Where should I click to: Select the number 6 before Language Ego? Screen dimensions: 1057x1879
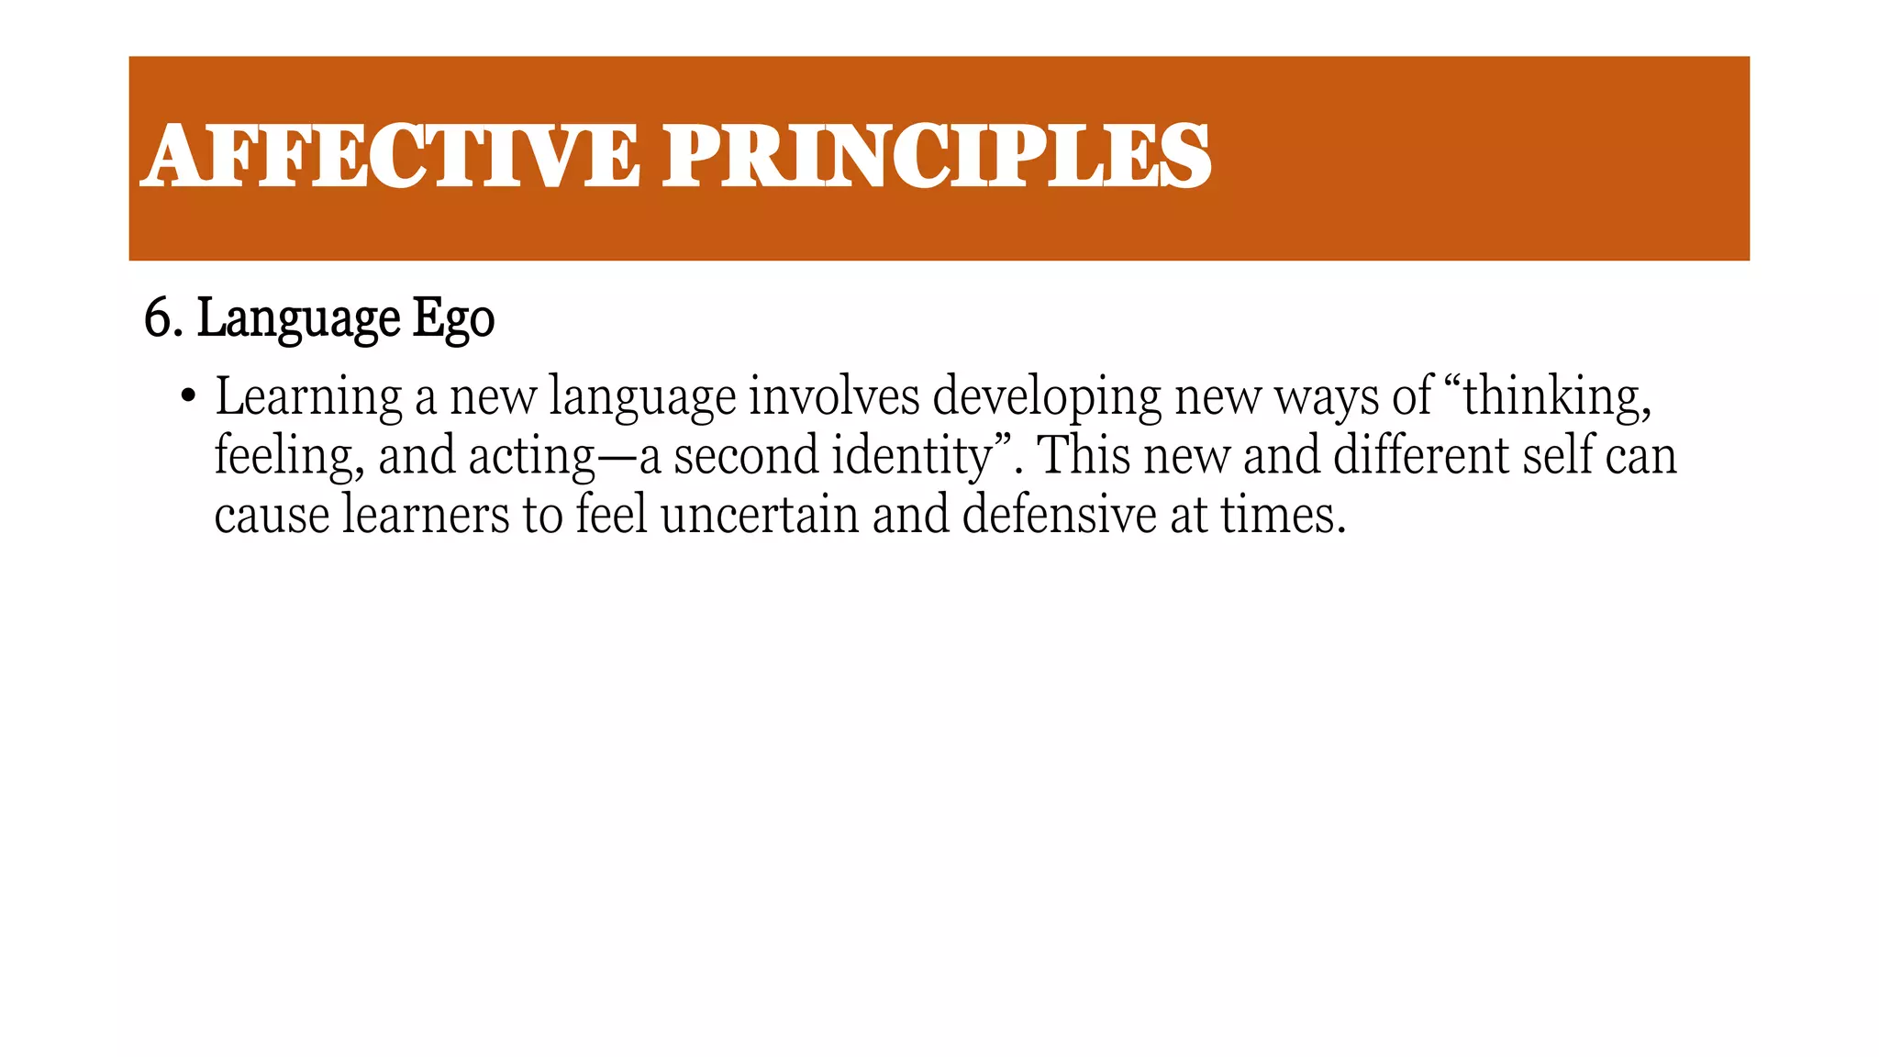click(x=157, y=319)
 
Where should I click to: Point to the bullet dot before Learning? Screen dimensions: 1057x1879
click(x=188, y=396)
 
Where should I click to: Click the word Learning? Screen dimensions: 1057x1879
click(x=308, y=398)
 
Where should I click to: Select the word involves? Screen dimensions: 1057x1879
click(x=833, y=396)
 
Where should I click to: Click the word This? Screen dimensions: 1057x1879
click(x=1083, y=455)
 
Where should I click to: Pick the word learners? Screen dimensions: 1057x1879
click(x=426, y=514)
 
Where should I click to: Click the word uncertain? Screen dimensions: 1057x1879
click(x=759, y=514)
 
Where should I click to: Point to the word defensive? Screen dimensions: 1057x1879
click(x=1059, y=514)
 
